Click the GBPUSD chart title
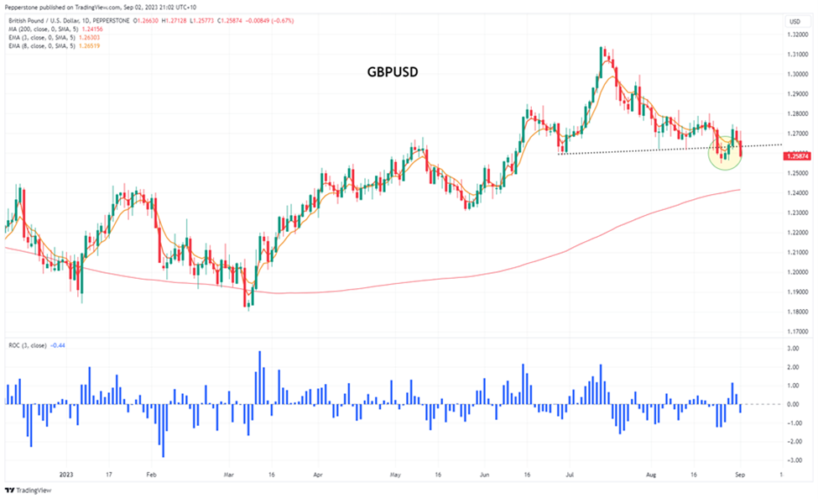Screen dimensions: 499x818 click(393, 72)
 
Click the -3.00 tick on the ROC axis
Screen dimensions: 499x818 click(792, 460)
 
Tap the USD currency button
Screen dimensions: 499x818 click(794, 21)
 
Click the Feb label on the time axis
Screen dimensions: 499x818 click(150, 474)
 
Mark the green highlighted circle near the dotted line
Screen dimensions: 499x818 click(725, 152)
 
